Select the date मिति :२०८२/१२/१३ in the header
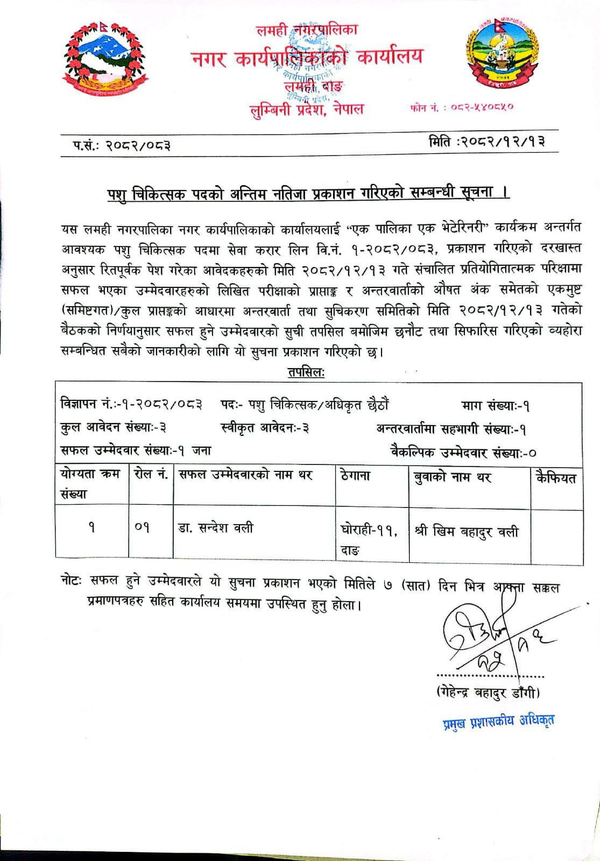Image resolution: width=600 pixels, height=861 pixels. click(487, 143)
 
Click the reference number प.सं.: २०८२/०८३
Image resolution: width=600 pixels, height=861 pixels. click(122, 144)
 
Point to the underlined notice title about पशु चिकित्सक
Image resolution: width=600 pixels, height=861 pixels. click(307, 192)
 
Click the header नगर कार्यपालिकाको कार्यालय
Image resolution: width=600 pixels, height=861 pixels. click(307, 57)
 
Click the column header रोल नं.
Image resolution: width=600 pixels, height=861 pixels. click(150, 475)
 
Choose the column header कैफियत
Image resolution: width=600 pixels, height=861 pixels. click(555, 477)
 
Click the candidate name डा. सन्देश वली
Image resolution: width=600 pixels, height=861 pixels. click(216, 528)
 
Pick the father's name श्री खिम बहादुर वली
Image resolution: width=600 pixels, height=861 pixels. click(466, 532)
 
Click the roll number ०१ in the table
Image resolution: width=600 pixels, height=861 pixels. click(142, 529)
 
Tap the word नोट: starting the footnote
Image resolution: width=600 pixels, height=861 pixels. click(71, 581)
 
